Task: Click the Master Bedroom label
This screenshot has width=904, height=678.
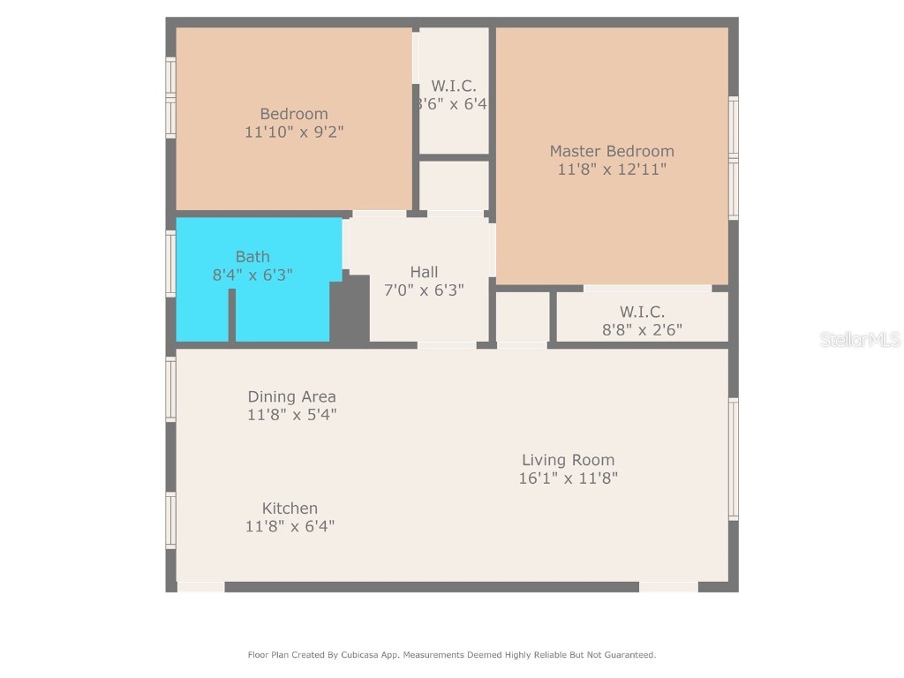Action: pos(611,151)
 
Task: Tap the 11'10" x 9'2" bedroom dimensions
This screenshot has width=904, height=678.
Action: pos(294,132)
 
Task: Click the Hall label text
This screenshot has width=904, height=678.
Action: pos(424,272)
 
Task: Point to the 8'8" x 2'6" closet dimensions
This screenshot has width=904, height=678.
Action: pos(642,330)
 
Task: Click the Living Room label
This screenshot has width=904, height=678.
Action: pos(568,460)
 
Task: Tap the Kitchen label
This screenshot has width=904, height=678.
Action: pos(290,508)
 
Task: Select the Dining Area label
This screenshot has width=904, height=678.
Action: pos(291,396)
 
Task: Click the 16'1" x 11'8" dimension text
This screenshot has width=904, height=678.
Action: pos(568,478)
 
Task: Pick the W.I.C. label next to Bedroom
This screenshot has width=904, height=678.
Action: pos(454,86)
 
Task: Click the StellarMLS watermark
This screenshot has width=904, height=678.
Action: pos(860,339)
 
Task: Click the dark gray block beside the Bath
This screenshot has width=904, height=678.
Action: pos(350,309)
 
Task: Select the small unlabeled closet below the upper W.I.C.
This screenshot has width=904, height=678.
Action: pos(454,185)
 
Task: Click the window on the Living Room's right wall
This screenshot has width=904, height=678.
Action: pos(733,459)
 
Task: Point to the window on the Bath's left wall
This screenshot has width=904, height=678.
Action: pos(170,263)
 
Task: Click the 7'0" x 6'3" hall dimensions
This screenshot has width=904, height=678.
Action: pos(424,290)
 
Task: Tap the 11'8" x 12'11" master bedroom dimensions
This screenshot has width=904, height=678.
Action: pos(611,169)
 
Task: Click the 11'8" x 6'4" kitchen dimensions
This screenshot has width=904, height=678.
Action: pos(290,526)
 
